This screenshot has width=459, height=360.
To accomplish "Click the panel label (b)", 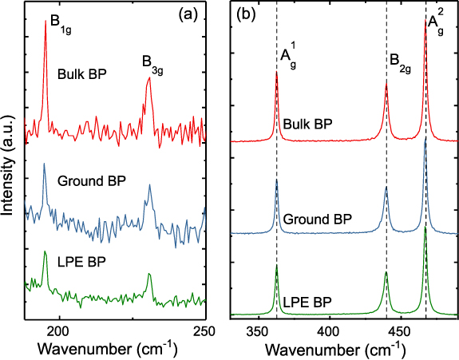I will click(x=243, y=14).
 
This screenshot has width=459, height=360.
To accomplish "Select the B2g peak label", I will click(x=400, y=61).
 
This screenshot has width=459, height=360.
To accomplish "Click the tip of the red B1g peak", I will click(x=45, y=22).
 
